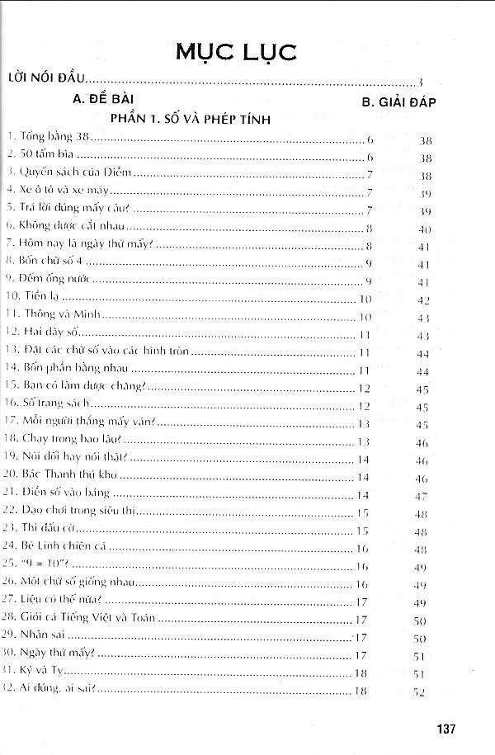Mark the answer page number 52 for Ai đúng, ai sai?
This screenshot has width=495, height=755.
point(419,691)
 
